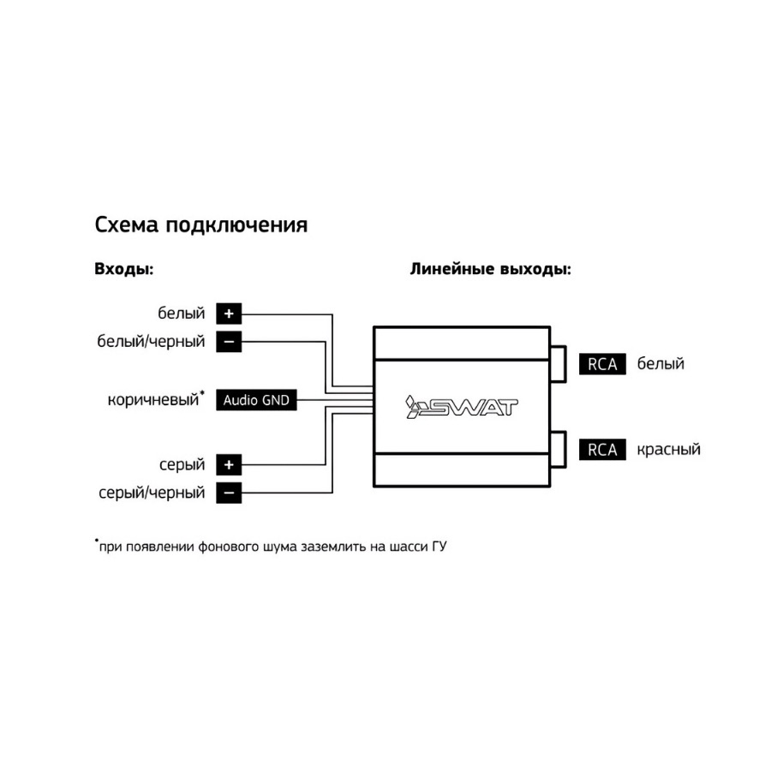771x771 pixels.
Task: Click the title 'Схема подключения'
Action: tap(201, 225)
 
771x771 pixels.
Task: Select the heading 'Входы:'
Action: tap(124, 270)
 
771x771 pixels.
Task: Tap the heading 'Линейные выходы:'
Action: tap(491, 270)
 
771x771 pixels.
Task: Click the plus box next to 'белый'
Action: tap(229, 314)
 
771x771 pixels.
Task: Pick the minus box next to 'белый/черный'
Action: tap(229, 342)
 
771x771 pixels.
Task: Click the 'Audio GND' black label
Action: tap(256, 400)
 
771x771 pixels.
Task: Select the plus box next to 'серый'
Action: tap(229, 464)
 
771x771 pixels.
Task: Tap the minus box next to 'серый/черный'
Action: tap(229, 493)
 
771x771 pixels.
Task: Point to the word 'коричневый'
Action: tap(153, 400)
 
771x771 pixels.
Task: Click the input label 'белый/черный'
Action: tap(151, 341)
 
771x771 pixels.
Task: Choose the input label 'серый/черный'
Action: tap(152, 493)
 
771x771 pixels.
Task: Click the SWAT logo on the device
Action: tap(462, 407)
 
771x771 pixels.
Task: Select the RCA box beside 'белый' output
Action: tap(602, 364)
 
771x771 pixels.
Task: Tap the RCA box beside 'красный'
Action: tap(602, 450)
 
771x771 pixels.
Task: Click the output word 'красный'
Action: tap(669, 450)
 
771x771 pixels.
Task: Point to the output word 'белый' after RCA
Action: tap(660, 363)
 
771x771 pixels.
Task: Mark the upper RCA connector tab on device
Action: tap(559, 364)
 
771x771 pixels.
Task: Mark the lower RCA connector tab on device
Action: tap(559, 450)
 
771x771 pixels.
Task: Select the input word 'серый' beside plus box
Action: tap(182, 465)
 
